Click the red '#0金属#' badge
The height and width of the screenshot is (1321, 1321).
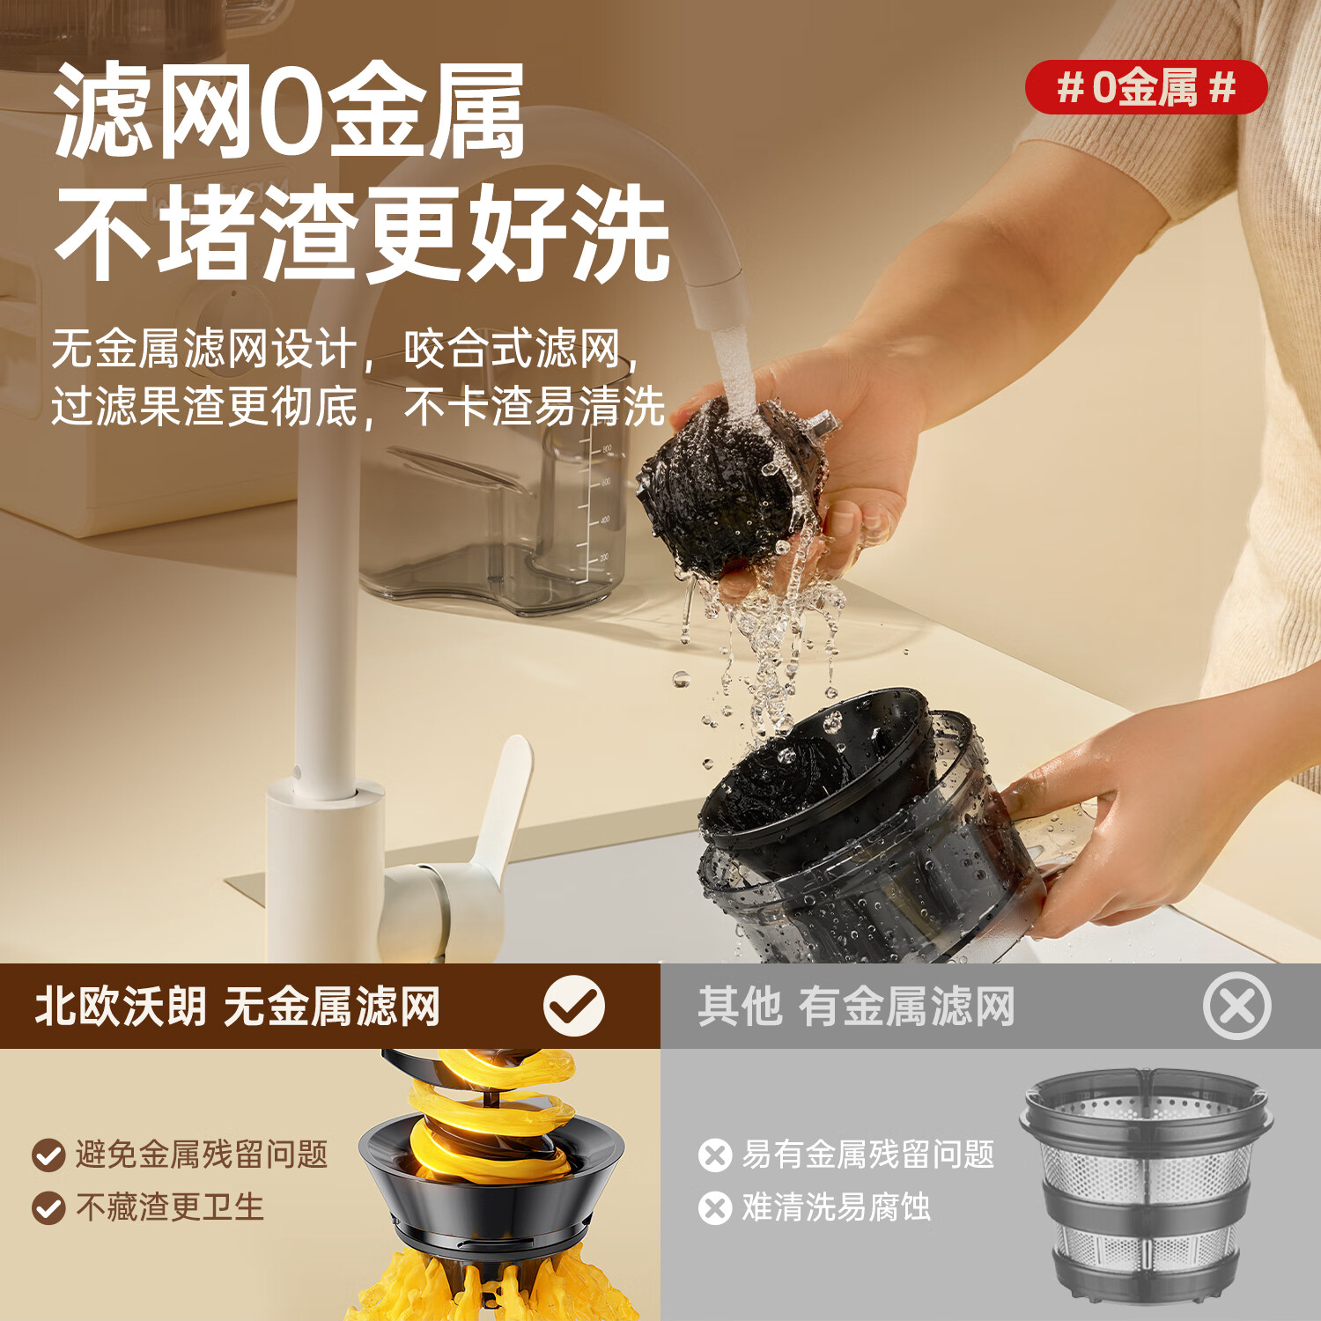1146,87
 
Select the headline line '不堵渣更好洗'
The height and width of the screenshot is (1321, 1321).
361,234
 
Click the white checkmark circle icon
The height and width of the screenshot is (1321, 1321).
573,1006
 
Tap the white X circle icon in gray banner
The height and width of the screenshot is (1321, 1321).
1236,1006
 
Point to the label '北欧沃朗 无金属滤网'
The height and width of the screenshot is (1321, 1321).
237,1007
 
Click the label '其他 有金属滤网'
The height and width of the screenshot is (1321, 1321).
856,1007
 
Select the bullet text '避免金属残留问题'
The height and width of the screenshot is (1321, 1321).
201,1154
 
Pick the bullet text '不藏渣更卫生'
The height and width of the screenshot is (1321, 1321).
169,1207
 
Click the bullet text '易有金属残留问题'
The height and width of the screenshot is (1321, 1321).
867,1154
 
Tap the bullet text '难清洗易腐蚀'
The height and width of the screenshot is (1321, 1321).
836,1207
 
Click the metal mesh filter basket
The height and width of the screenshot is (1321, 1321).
1145,1184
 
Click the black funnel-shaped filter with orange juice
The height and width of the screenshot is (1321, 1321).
493,1171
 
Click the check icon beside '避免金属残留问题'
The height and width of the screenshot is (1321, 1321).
48,1155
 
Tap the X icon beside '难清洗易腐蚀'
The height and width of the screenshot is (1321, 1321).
715,1208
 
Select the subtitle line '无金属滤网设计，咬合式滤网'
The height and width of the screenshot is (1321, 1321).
343,349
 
